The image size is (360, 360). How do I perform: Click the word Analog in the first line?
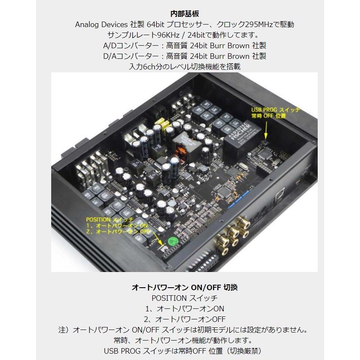(87, 24)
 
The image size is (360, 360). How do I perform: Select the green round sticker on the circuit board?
(173, 242)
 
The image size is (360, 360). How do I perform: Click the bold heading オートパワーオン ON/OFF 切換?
(184, 287)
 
